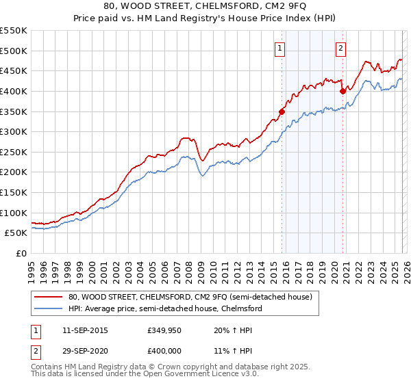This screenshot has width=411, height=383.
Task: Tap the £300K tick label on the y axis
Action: point(14,131)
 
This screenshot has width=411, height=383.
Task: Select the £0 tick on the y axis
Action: point(22,253)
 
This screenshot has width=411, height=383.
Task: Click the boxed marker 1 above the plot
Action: point(282,48)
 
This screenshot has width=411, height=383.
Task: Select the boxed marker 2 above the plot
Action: point(340,48)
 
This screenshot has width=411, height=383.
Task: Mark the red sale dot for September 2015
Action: point(282,111)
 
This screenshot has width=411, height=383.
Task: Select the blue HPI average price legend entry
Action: point(165,308)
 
